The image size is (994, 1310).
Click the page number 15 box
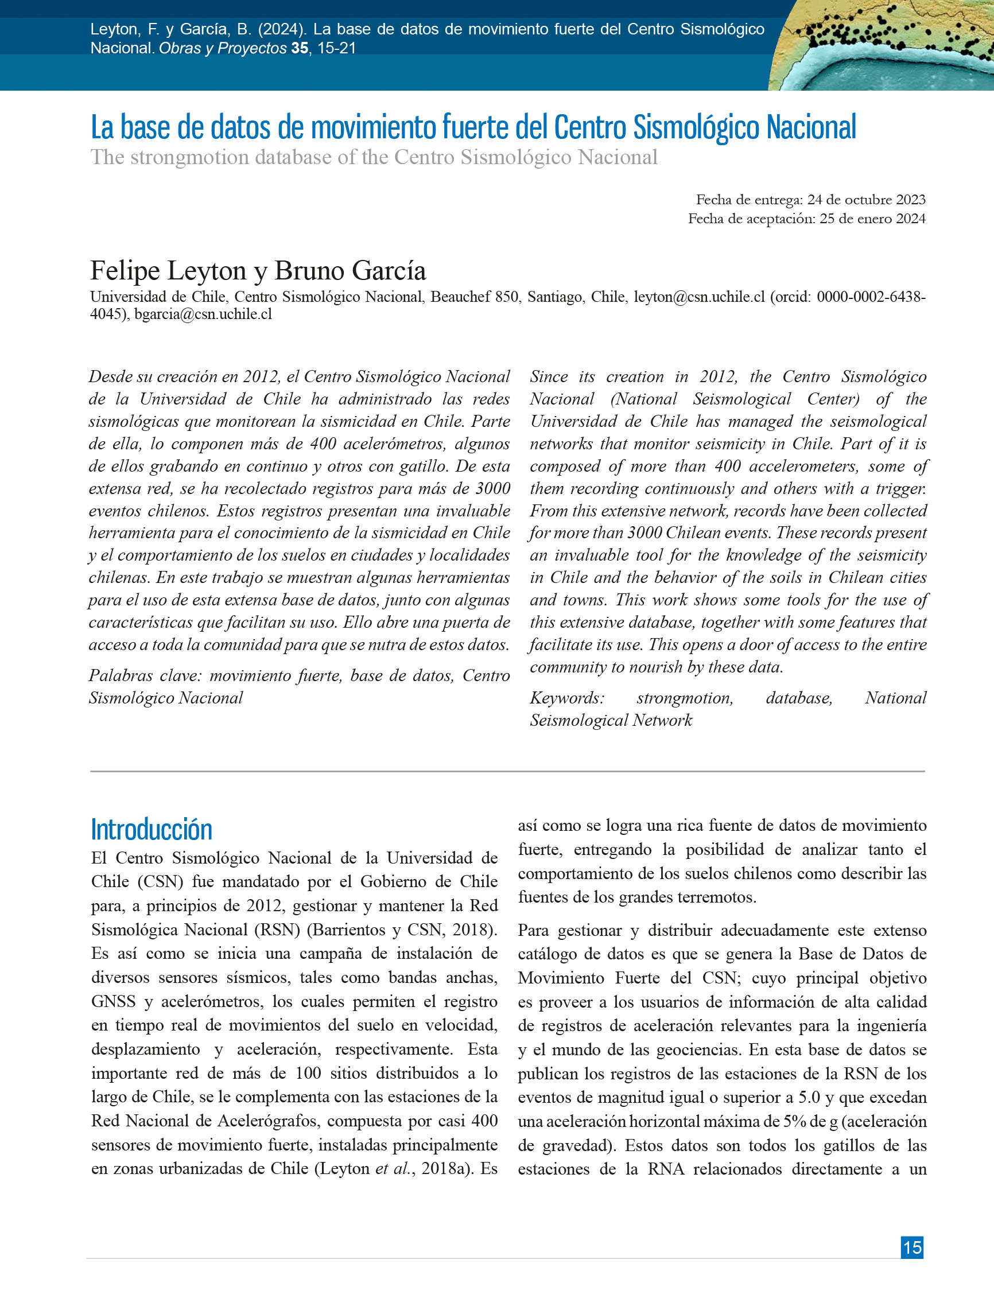tap(912, 1247)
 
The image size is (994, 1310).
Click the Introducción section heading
tap(152, 829)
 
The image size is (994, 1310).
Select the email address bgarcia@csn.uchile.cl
tap(203, 314)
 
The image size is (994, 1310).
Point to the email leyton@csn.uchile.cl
tap(699, 297)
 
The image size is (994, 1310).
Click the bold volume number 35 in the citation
tap(300, 48)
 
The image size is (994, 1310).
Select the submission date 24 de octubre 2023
tap(866, 200)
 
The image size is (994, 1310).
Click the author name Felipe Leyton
tap(168, 271)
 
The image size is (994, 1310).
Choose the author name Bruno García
tap(350, 271)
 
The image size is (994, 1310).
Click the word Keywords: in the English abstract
tap(567, 698)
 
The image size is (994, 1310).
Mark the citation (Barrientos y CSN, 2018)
tap(401, 929)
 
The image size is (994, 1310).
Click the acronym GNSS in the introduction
tap(112, 1001)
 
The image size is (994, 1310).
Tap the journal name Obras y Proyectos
tap(223, 48)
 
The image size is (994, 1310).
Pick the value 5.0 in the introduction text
tap(809, 1097)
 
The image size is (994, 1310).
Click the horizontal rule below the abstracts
tap(507, 771)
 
